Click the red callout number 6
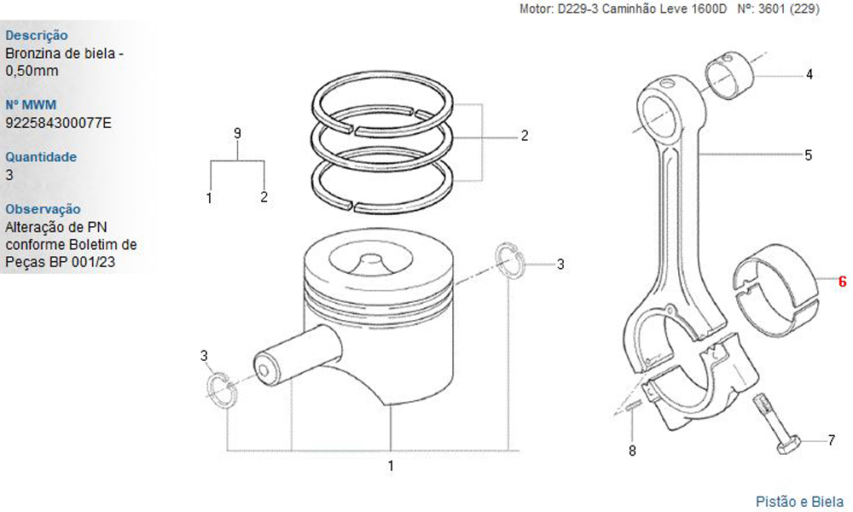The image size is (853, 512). pyautogui.click(x=842, y=282)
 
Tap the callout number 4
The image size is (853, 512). pyautogui.click(x=809, y=74)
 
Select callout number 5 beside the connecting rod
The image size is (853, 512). pyautogui.click(x=809, y=155)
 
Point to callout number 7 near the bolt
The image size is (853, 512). pyautogui.click(x=831, y=439)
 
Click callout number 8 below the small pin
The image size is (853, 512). pyautogui.click(x=632, y=451)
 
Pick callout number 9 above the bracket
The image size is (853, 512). pyautogui.click(x=237, y=133)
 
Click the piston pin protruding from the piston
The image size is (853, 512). pyautogui.click(x=298, y=355)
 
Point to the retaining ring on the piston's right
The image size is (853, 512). pyautogui.click(x=510, y=262)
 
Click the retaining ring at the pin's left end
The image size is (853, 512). pyautogui.click(x=222, y=390)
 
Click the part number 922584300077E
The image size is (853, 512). pyautogui.click(x=58, y=123)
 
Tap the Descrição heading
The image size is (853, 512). pyautogui.click(x=37, y=35)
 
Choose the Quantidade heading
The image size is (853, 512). pyautogui.click(x=41, y=157)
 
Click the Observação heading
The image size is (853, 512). pyautogui.click(x=43, y=209)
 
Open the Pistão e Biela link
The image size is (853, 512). pyautogui.click(x=800, y=501)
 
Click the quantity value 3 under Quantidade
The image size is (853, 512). pyautogui.click(x=9, y=175)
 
